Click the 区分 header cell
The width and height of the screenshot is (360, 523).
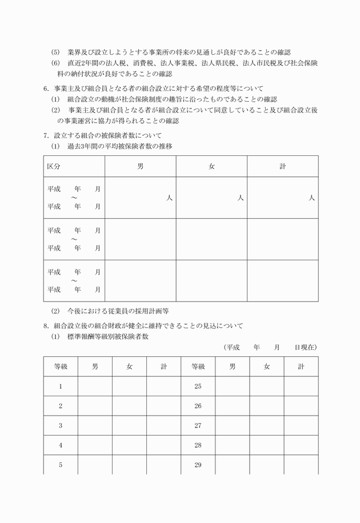(x=54, y=166)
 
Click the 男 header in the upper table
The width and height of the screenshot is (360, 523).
(x=141, y=166)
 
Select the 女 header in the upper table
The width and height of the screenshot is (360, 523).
(x=211, y=166)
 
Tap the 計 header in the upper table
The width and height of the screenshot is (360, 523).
(x=282, y=166)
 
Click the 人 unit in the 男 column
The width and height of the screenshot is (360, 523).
(x=169, y=198)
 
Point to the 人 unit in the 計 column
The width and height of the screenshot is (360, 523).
(x=311, y=198)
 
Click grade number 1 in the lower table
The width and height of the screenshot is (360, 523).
(x=61, y=387)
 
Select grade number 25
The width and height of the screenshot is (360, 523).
(x=198, y=387)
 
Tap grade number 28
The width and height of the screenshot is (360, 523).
(x=198, y=445)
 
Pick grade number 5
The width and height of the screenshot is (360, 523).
(x=61, y=464)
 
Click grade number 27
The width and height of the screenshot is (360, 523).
(x=198, y=425)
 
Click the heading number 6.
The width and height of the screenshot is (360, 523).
(x=46, y=88)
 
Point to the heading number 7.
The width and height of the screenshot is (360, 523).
(x=46, y=136)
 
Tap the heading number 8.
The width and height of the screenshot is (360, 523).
(x=46, y=326)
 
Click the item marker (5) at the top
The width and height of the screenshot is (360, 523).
(x=55, y=52)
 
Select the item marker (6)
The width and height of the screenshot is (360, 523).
(x=55, y=63)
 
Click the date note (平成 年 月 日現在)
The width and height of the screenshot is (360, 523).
(x=271, y=347)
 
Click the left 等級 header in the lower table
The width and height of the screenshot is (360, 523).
(x=61, y=367)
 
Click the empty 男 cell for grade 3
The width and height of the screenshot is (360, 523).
(x=95, y=425)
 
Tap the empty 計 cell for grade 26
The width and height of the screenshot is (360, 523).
(x=301, y=406)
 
